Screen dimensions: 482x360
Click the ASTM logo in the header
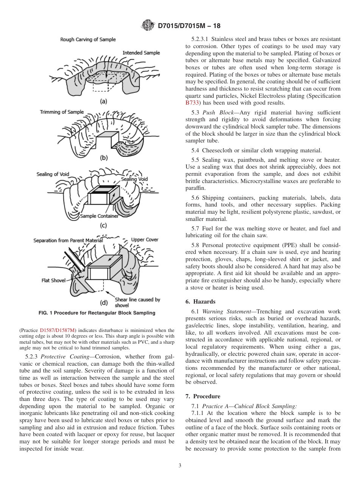coord(147,25)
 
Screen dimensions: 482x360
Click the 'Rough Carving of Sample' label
coord(88,39)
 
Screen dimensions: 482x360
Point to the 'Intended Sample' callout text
coord(141,53)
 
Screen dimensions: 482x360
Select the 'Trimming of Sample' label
coord(62,112)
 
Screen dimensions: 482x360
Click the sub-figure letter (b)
coord(103,158)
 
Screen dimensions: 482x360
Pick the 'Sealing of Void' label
coord(53,174)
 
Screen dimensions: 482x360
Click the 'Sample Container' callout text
coord(99,216)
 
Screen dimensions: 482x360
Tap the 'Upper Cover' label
coord(145,239)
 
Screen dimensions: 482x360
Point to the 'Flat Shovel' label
coord(53,281)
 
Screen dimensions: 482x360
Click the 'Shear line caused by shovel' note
coord(138,302)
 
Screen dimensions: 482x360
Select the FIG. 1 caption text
coord(97,313)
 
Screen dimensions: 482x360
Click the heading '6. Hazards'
coord(200,302)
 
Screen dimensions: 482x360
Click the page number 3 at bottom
coord(180,465)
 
